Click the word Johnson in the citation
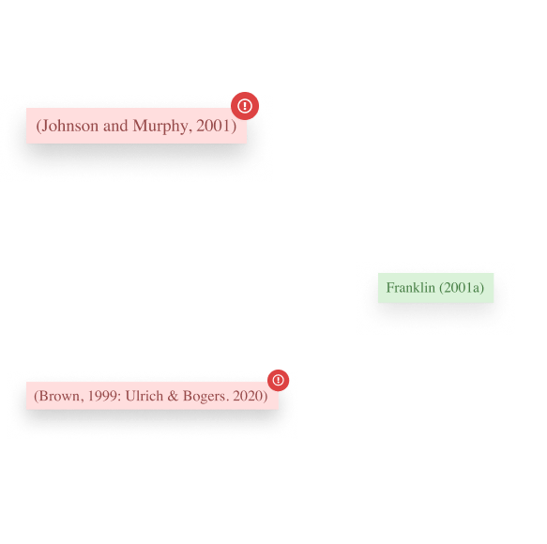pyautogui.click(x=69, y=126)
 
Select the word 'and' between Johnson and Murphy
pyautogui.click(x=115, y=126)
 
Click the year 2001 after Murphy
pyautogui.click(x=212, y=126)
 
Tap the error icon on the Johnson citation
pyautogui.click(x=245, y=106)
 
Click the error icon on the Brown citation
pyautogui.click(x=278, y=380)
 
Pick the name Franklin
pyautogui.click(x=411, y=288)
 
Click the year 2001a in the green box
pyautogui.click(x=462, y=288)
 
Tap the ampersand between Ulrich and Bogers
pyautogui.click(x=173, y=396)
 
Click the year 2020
pyautogui.click(x=248, y=396)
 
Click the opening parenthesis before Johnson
pyautogui.click(x=38, y=126)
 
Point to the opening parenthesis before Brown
pyautogui.click(x=37, y=397)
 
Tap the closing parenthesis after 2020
pyautogui.click(x=266, y=397)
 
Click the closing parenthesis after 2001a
pyautogui.click(x=481, y=288)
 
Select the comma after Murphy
pyautogui.click(x=190, y=130)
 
